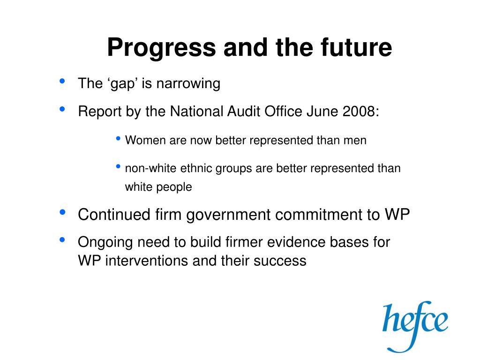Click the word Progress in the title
pyautogui.click(x=162, y=48)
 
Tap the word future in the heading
pyautogui.click(x=356, y=47)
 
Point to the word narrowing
pyautogui.click(x=188, y=83)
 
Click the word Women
pyautogui.click(x=145, y=140)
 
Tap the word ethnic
pyautogui.click(x=196, y=168)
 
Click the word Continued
pyautogui.click(x=114, y=214)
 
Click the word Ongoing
pyautogui.click(x=105, y=242)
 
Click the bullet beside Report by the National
pyautogui.click(x=62, y=109)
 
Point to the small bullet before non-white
pyautogui.click(x=119, y=166)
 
